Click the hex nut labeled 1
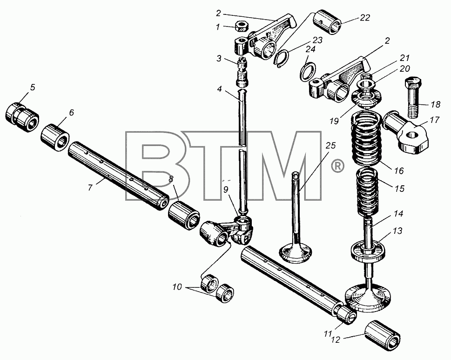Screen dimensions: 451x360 [x=242, y=27]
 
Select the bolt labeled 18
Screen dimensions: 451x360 [x=413, y=97]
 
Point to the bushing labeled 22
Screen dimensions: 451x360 [x=328, y=22]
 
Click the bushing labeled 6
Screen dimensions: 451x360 [x=55, y=137]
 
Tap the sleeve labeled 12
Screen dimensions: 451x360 [x=382, y=335]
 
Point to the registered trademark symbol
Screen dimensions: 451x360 [x=337, y=166]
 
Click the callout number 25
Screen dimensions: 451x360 [x=330, y=146]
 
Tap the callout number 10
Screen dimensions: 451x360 [x=177, y=287]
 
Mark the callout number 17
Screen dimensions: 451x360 [x=435, y=119]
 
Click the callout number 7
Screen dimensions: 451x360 [x=90, y=188]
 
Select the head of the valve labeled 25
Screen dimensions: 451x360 [x=296, y=253]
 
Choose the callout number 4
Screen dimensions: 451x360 [x=220, y=89]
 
